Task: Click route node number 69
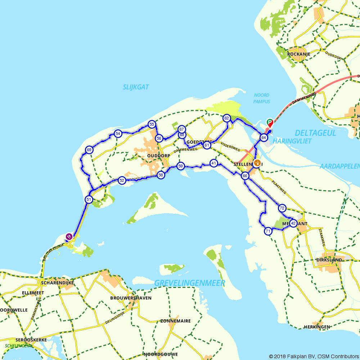point(89,150)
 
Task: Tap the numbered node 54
point(118,134)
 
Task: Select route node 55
point(152,125)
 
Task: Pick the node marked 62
point(226,118)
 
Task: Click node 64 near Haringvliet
point(264,138)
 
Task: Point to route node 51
point(89,199)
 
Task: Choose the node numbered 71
point(268,231)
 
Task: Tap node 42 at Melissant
point(293,223)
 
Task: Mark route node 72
point(282,208)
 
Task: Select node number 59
point(181,166)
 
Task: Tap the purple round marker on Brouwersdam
point(69,237)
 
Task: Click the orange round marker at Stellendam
point(257,163)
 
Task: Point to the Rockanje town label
point(299,54)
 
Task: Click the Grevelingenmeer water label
point(190,283)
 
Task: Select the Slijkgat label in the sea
point(136,87)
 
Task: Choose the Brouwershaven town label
point(131,298)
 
